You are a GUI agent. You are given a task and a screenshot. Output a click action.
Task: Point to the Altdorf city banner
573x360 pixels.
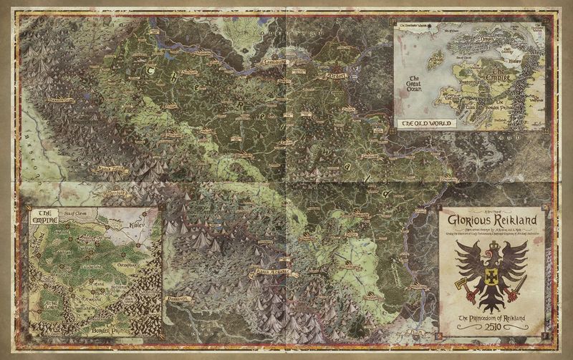[x=337, y=74]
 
